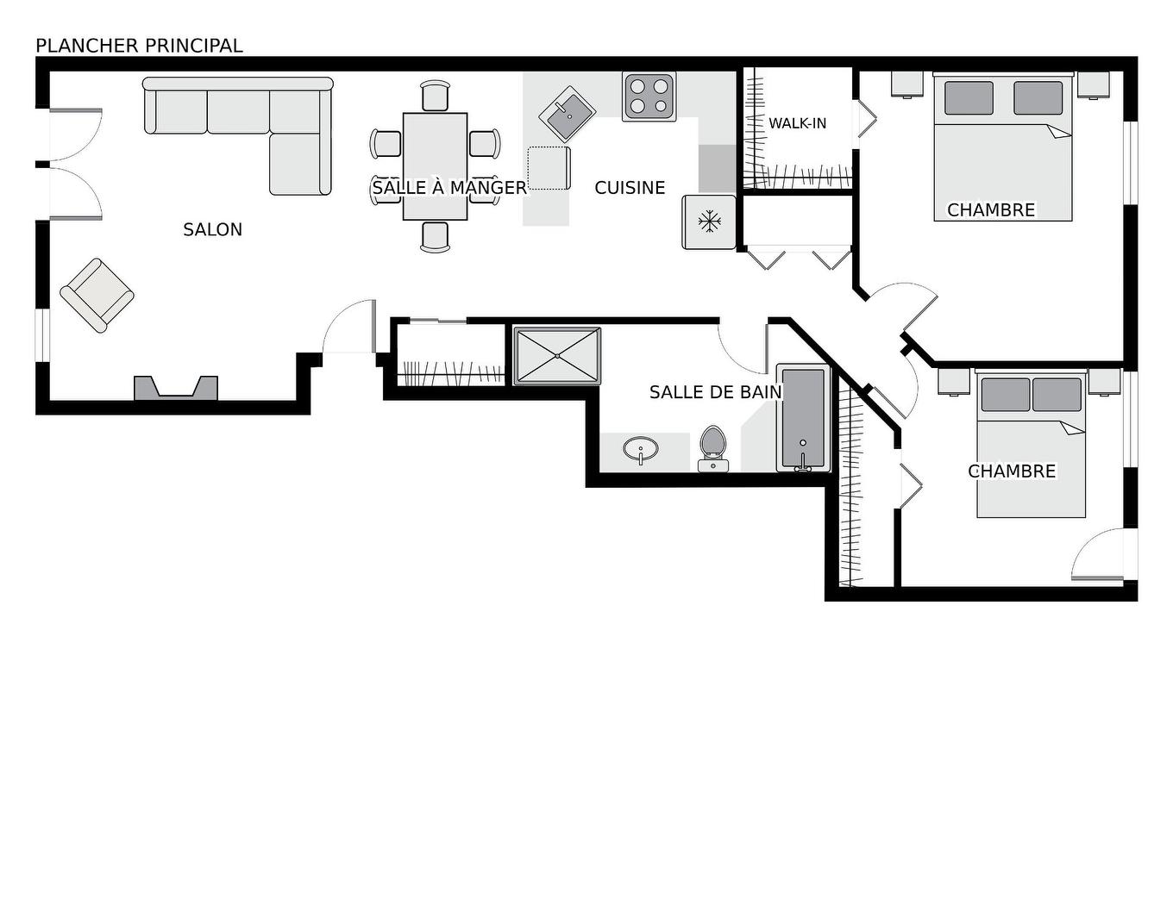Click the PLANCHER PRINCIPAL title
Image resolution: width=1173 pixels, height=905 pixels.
pos(139,46)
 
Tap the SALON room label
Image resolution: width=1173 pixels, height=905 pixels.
pos(212,229)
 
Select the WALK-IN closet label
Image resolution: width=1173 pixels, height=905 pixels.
pos(797,123)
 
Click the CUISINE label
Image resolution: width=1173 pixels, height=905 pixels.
pos(630,188)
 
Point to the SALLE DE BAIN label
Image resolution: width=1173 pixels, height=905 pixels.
pos(715,392)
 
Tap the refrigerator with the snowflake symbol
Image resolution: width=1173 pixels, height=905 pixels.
pos(709,222)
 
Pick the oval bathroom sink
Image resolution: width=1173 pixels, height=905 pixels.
pos(640,449)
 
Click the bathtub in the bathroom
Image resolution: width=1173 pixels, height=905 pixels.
pos(803,418)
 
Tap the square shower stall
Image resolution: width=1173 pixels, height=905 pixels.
pos(557,355)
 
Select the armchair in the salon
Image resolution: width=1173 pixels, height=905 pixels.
pos(97,295)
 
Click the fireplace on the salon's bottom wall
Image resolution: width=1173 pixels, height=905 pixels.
pos(176,389)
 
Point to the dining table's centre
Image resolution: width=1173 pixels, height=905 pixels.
pos(435,166)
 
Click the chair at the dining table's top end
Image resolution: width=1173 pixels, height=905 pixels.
pos(436,95)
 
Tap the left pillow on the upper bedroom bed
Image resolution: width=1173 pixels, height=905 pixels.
pos(969,98)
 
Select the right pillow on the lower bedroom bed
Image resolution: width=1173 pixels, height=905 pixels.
pos(1057,395)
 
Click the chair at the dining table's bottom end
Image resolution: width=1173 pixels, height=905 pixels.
pos(436,236)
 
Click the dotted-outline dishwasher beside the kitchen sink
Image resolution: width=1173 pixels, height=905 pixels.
pos(549,168)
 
